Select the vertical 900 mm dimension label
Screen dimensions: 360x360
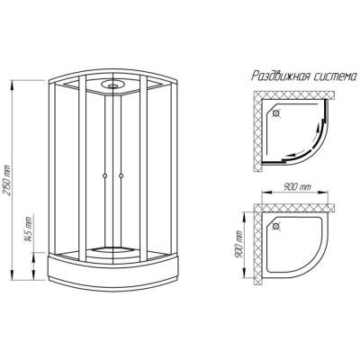click(238, 244)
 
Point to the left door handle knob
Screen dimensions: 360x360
click(104, 175)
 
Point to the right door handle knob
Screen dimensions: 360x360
click(121, 175)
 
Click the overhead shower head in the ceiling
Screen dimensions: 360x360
click(112, 85)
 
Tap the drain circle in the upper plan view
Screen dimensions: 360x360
click(276, 113)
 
